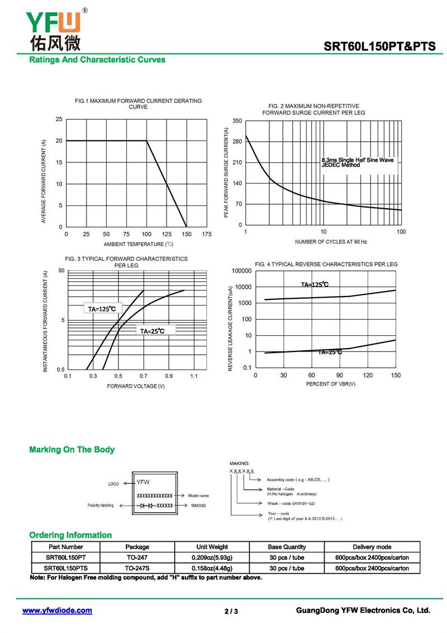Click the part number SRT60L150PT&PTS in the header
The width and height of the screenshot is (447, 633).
point(379,47)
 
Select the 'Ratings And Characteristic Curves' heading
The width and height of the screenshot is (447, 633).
point(97,59)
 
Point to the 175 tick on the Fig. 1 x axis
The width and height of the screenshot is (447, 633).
point(207,234)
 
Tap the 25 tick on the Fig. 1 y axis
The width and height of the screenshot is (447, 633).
point(59,119)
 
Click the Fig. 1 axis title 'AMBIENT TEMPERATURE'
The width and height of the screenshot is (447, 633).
point(139,244)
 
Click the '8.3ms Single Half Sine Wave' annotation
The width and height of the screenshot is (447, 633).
point(357,160)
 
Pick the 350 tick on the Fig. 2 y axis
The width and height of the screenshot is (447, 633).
point(237,121)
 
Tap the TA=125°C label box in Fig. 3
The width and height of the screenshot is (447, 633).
point(102,308)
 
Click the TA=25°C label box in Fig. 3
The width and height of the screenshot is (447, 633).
point(152,331)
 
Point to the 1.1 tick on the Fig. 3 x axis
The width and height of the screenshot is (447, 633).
point(193,377)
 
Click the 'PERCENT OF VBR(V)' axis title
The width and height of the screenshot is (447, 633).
point(330,384)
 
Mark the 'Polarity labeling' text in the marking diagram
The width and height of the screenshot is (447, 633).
point(101,505)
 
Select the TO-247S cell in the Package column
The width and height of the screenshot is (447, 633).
point(137,568)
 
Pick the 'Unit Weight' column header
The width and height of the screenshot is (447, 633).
point(212,547)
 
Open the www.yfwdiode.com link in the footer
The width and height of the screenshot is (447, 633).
point(57,611)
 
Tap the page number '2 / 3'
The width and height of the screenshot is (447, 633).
point(231,611)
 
